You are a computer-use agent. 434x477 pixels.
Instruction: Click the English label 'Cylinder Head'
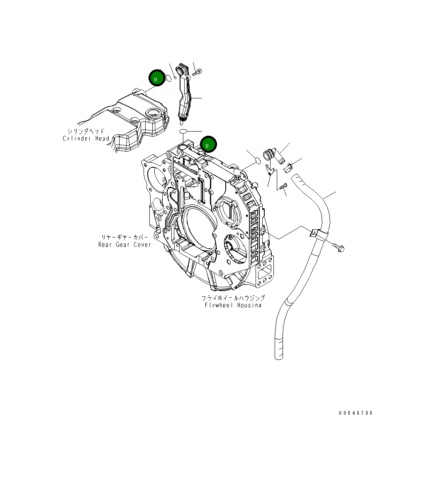click(86, 139)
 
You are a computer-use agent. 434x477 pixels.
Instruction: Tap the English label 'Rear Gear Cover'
click(125, 245)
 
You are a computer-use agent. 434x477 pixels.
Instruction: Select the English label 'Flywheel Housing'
click(233, 305)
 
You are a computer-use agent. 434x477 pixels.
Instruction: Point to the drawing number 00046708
click(356, 413)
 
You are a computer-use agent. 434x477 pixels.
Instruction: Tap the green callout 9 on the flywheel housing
click(208, 144)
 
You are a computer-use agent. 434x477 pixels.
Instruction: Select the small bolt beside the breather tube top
click(197, 73)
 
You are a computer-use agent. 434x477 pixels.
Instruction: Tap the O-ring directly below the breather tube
click(183, 131)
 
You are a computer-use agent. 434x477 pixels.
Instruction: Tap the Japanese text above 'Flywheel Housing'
click(233, 298)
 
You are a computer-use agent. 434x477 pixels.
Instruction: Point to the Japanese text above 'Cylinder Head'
click(86, 131)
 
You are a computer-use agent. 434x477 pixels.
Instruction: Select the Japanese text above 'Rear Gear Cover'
click(125, 237)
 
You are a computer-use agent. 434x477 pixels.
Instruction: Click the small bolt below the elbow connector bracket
click(283, 187)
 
